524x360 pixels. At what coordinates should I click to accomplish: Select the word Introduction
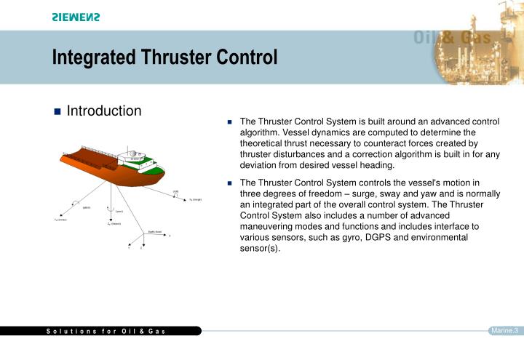104,111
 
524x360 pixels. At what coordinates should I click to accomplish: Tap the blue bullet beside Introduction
57,112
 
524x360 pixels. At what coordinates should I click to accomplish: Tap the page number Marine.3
504,331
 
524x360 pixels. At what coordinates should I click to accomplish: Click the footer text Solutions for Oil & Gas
106,332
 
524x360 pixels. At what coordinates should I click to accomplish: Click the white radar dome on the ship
133,154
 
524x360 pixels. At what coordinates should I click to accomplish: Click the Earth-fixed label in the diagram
155,232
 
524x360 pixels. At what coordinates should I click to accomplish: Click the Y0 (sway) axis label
60,219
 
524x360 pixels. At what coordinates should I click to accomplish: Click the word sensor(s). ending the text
260,249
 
